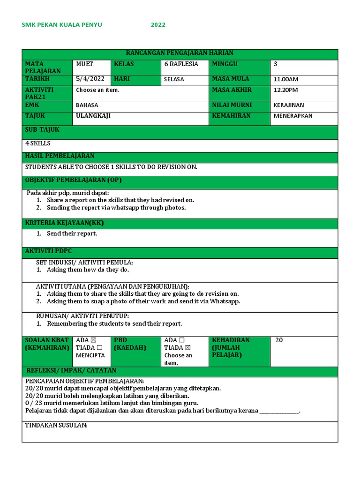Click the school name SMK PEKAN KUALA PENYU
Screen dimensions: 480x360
click(62, 25)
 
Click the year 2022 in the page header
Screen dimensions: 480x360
click(158, 25)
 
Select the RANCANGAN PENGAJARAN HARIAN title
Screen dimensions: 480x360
click(180, 53)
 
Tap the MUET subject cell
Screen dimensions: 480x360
click(85, 64)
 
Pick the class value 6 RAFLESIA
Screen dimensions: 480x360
click(181, 64)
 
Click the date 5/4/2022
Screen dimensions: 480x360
click(90, 79)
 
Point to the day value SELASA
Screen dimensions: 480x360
click(174, 79)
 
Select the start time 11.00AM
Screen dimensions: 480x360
click(286, 79)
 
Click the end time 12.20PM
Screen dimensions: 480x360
click(286, 90)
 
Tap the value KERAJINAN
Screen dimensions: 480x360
click(290, 105)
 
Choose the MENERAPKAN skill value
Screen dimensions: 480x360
click(293, 116)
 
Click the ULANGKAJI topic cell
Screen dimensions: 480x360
click(93, 116)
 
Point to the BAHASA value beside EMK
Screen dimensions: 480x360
click(87, 105)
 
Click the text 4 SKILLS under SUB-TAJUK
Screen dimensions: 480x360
click(38, 143)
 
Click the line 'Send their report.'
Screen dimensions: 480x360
click(72, 233)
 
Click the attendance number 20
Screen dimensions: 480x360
click(279, 340)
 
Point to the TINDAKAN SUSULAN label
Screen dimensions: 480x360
click(56, 426)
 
